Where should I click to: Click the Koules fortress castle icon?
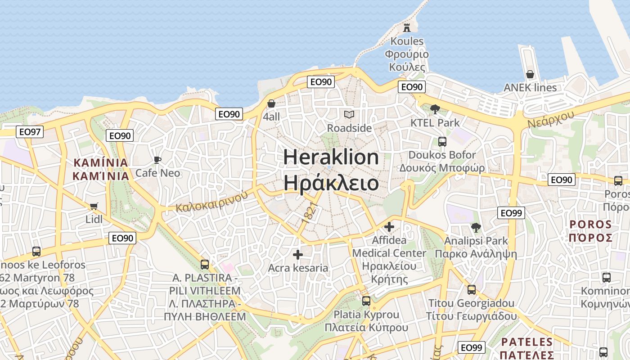pos(407,27)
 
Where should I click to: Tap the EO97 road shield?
pos(30,132)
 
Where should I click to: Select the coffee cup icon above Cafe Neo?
pos(157,160)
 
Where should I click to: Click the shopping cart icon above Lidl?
pos(94,207)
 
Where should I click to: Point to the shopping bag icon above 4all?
pos(271,104)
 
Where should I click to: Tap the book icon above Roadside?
pos(349,115)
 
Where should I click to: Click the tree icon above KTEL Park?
pos(435,109)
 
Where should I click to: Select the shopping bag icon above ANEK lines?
pos(530,74)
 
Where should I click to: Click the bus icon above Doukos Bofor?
pos(442,142)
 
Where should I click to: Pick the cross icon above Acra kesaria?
pos(298,255)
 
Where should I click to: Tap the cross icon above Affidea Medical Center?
pos(389,227)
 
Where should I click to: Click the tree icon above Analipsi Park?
pos(476,228)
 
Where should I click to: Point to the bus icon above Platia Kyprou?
pos(366,301)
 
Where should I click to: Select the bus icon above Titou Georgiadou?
pos(471,290)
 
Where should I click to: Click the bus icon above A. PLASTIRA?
pos(205,264)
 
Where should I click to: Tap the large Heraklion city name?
pos(331,157)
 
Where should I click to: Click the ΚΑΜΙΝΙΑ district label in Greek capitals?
pos(101,176)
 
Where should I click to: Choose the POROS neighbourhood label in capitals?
pos(590,225)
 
